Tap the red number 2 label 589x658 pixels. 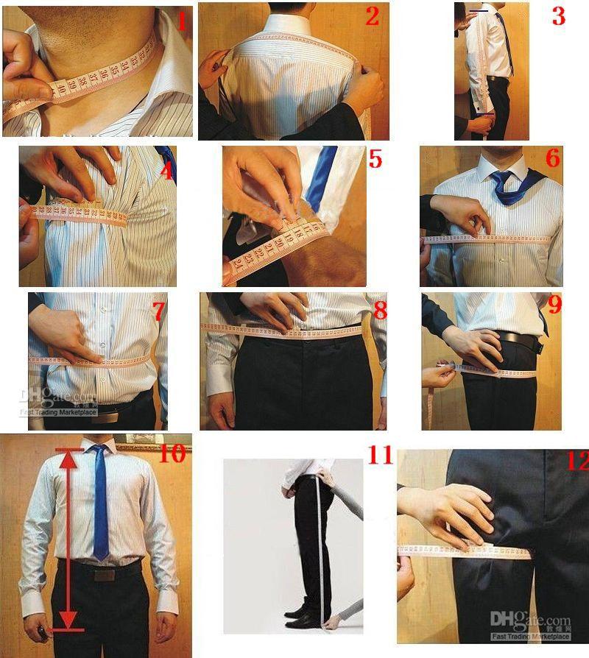pos(372,16)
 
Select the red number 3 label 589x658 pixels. pos(558,17)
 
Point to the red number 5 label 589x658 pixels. pos(375,158)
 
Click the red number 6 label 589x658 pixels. pos(553,158)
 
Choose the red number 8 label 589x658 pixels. pos(380,311)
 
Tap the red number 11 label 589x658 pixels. pos(380,456)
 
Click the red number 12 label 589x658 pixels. pos(574,461)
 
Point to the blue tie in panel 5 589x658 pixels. pos(322,177)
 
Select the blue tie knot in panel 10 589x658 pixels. pos(98,450)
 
